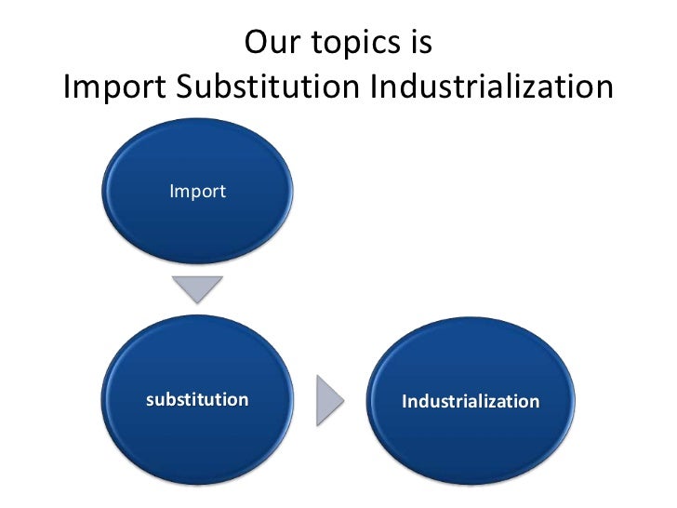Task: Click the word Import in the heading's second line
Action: click(x=113, y=89)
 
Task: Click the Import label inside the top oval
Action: click(x=197, y=192)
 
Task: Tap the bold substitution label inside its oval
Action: click(x=197, y=400)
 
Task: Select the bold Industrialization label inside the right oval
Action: click(x=470, y=402)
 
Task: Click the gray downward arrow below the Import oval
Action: click(x=198, y=288)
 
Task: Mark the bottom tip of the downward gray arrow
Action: click(x=198, y=301)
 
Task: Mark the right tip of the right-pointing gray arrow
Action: click(x=344, y=400)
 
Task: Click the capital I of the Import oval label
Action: click(x=172, y=192)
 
